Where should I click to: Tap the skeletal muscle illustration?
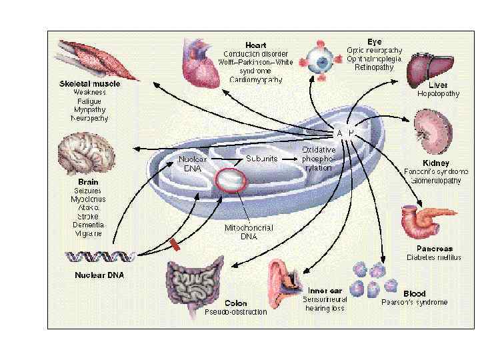(x=86, y=59)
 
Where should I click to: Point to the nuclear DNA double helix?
(x=101, y=255)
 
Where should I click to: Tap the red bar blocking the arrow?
(x=175, y=245)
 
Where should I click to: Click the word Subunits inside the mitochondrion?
(x=261, y=159)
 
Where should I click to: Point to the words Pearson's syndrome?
(x=414, y=302)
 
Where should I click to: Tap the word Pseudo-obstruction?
(x=236, y=311)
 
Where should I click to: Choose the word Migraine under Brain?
(x=89, y=234)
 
